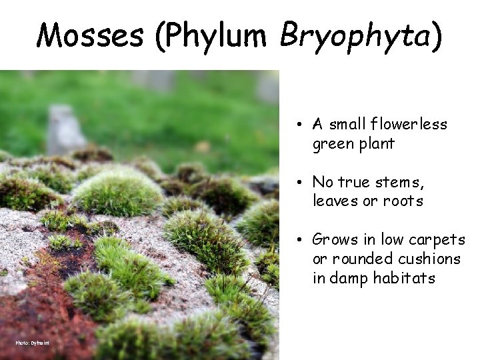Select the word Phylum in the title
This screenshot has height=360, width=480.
click(x=217, y=36)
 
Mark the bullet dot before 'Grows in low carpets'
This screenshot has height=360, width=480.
click(x=302, y=240)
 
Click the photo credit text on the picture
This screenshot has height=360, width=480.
click(x=33, y=343)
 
